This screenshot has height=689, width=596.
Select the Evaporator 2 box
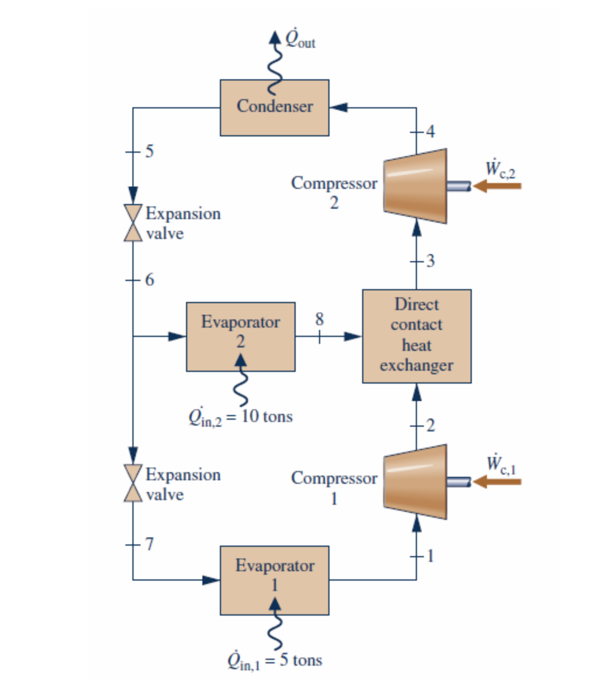pyautogui.click(x=240, y=336)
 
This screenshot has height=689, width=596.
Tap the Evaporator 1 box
pyautogui.click(x=274, y=580)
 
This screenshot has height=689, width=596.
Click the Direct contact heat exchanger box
pyautogui.click(x=416, y=336)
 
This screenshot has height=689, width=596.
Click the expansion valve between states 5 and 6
pyautogui.click(x=134, y=223)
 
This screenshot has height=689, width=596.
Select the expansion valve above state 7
pyautogui.click(x=134, y=484)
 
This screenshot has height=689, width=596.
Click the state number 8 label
pyautogui.click(x=319, y=319)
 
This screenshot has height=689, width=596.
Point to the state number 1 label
pyautogui.click(x=430, y=556)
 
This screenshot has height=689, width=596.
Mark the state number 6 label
pyautogui.click(x=150, y=280)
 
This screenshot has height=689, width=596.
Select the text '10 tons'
pyautogui.click(x=267, y=417)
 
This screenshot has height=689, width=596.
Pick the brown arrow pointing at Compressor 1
pyautogui.click(x=497, y=481)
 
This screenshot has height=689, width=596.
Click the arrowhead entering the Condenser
pyautogui.click(x=339, y=108)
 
